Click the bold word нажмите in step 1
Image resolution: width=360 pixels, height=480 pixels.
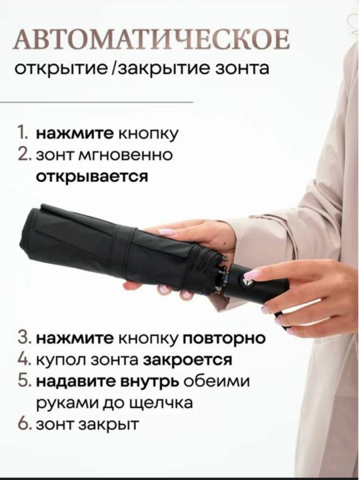point(75,134)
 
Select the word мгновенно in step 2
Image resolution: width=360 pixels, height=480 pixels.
point(126,155)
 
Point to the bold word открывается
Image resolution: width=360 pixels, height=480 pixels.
point(92,177)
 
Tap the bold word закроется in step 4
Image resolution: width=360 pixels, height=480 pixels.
point(187,360)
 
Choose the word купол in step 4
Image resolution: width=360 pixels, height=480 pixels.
point(57,360)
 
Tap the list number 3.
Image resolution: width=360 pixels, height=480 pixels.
point(24,339)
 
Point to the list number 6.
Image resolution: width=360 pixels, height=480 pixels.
point(25,425)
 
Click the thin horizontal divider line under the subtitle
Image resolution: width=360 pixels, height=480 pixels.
point(97,101)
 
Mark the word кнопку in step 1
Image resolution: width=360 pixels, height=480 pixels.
point(147,135)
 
